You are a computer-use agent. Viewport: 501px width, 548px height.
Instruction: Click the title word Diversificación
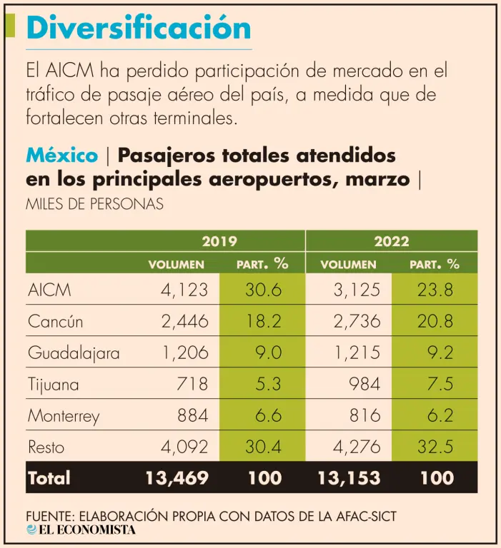(x=138, y=28)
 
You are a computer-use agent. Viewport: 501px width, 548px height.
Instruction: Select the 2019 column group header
(x=219, y=241)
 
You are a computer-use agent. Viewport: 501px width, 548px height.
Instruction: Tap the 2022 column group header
(x=392, y=241)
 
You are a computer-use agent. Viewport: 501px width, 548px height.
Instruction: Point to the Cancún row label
(x=55, y=322)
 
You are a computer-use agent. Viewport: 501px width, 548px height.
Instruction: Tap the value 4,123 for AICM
(x=184, y=290)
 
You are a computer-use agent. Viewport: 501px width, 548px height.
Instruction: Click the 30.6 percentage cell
(x=263, y=290)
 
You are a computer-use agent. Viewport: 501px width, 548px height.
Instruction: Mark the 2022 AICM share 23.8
(x=435, y=290)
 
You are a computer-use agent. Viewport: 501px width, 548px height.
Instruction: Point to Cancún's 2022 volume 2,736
(x=357, y=322)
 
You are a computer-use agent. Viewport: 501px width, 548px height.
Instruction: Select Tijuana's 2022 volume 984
(x=364, y=385)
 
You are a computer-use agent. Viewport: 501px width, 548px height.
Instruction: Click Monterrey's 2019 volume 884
(x=192, y=416)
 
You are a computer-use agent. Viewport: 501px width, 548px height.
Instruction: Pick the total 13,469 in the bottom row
(x=177, y=478)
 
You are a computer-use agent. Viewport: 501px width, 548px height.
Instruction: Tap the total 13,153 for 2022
(x=349, y=478)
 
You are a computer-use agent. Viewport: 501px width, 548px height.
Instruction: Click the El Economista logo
(x=80, y=530)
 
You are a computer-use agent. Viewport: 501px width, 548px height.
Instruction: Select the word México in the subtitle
(x=61, y=155)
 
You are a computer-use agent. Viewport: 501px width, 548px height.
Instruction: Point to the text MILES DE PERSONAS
(x=94, y=204)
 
